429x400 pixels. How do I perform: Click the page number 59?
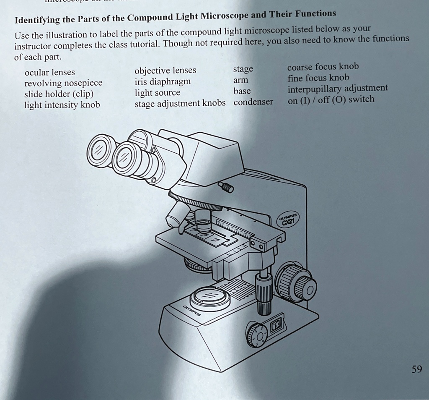pyautogui.click(x=416, y=369)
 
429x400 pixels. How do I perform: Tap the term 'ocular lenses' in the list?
pyautogui.click(x=49, y=72)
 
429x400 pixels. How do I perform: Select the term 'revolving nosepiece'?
pyautogui.click(x=63, y=83)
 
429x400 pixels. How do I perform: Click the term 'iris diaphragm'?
pyautogui.click(x=162, y=81)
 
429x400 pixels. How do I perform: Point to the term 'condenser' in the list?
pyautogui.click(x=253, y=102)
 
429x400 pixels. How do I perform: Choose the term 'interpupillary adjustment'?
pyautogui.click(x=338, y=89)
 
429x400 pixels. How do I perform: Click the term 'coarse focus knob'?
pyautogui.click(x=323, y=67)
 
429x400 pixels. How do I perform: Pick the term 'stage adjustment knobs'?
pyautogui.click(x=180, y=103)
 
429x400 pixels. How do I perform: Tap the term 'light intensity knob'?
pyautogui.click(x=62, y=105)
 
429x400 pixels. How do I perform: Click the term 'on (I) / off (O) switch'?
pyautogui.click(x=331, y=100)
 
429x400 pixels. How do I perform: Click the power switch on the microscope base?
pyautogui.click(x=277, y=325)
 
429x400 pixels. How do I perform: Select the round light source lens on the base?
pyautogui.click(x=209, y=296)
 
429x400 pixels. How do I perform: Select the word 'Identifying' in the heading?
pyautogui.click(x=38, y=20)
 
